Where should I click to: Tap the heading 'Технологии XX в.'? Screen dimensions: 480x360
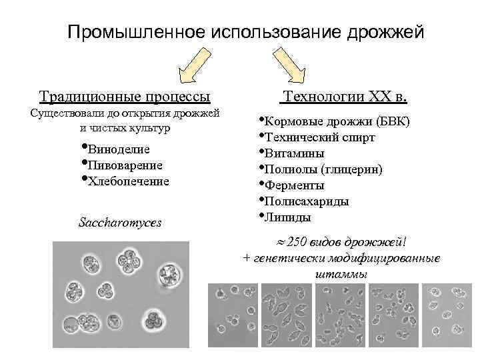(344, 97)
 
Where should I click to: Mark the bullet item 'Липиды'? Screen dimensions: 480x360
(287, 217)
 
